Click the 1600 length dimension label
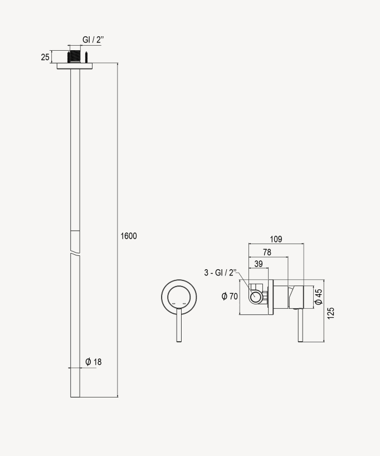click(x=129, y=236)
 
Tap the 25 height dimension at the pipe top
click(x=45, y=57)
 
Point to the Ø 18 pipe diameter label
click(x=94, y=362)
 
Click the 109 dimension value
click(x=275, y=239)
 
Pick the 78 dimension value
click(x=267, y=253)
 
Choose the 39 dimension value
click(x=259, y=264)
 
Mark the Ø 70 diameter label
click(x=230, y=296)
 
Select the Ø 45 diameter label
click(x=318, y=296)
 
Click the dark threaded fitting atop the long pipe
click(x=75, y=57)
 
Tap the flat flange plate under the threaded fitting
click(x=75, y=66)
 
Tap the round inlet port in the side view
click(x=255, y=297)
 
